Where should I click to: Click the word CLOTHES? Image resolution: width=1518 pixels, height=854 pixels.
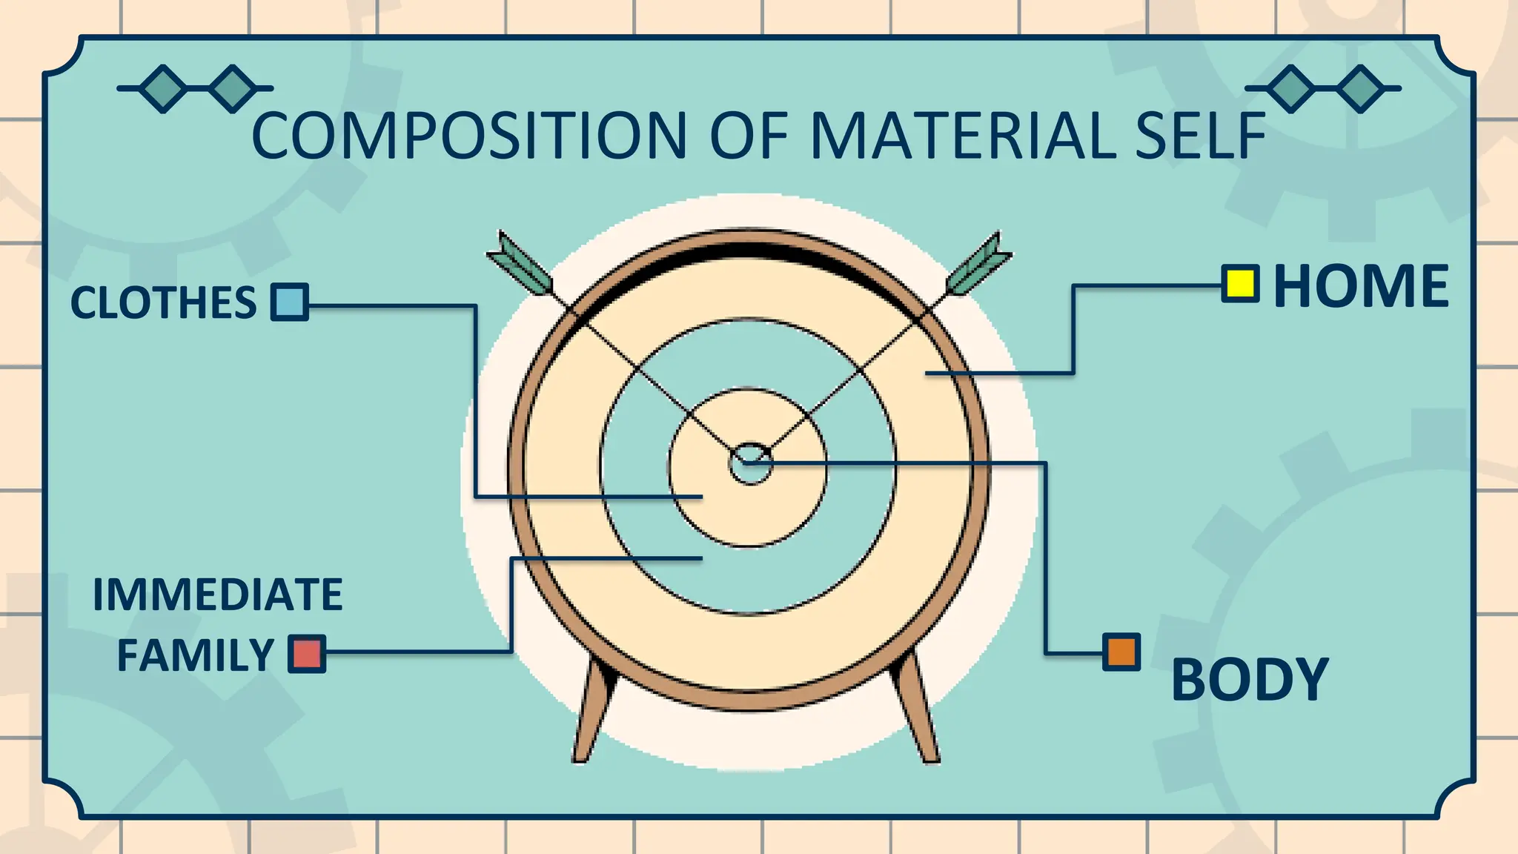(163, 302)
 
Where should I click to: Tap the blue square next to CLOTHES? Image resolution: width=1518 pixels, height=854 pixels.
(289, 302)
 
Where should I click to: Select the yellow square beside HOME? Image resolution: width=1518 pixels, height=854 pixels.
(1240, 284)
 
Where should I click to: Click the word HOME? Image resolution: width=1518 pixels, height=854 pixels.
(1361, 286)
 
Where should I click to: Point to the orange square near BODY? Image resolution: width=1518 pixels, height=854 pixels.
(1121, 652)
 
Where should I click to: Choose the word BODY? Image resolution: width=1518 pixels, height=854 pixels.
(1250, 679)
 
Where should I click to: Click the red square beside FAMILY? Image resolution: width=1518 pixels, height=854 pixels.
(307, 654)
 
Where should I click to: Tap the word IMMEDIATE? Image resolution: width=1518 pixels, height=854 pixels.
(217, 595)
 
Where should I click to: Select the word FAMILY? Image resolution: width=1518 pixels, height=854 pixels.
(196, 655)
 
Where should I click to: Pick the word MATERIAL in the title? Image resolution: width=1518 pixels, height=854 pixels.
(962, 136)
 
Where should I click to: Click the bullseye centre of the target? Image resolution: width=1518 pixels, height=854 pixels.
(750, 464)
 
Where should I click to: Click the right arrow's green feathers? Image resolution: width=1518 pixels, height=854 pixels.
(978, 265)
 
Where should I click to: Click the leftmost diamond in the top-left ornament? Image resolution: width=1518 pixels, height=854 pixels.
(163, 88)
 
